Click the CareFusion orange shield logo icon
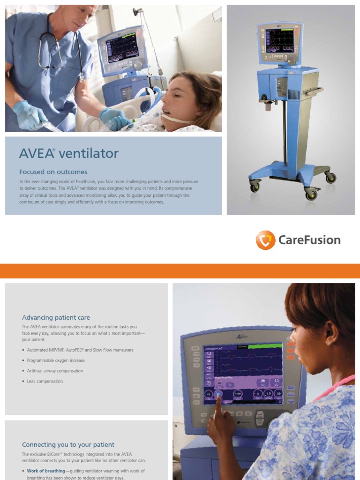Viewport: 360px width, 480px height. (x=265, y=240)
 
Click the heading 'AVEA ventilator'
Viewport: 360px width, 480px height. (x=69, y=153)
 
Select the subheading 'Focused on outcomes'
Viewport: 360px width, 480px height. (x=53, y=172)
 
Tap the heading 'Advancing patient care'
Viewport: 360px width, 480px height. (x=56, y=317)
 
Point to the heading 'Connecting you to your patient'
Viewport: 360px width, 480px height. (x=68, y=444)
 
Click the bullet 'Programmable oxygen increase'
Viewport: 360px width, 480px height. (x=56, y=360)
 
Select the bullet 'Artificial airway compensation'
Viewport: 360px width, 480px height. (x=55, y=371)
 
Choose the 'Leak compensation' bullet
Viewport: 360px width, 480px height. (x=45, y=382)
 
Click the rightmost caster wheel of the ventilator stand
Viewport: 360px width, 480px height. (x=331, y=178)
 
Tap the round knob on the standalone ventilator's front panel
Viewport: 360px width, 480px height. (x=292, y=60)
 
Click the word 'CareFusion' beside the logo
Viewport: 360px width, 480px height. (x=309, y=240)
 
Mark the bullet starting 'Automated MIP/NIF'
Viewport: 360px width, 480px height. (x=80, y=350)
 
